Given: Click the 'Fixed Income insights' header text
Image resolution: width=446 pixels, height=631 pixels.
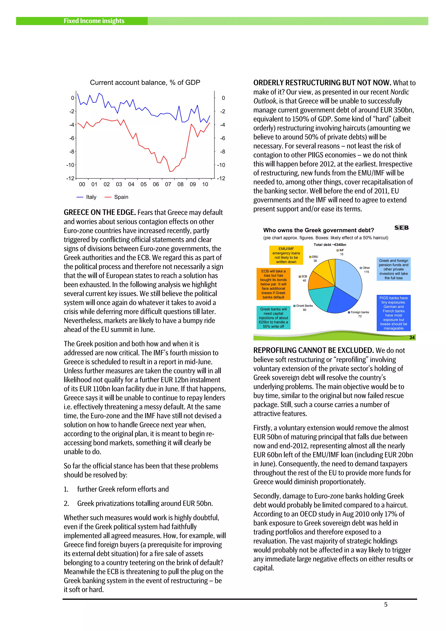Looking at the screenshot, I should coord(94,21).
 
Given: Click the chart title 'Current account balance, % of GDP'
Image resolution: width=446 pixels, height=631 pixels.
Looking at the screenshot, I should coord(145,83).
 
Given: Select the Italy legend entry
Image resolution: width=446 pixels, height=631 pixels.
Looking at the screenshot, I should coord(87,197).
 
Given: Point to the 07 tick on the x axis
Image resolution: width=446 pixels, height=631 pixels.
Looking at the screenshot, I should coord(168,184).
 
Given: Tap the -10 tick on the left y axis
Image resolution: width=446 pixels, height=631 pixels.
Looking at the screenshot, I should coord(70,165).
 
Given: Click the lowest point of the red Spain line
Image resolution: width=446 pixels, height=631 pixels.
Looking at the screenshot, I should coord(170,172).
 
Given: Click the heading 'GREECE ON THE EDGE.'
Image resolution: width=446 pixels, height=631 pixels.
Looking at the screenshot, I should coord(100,213).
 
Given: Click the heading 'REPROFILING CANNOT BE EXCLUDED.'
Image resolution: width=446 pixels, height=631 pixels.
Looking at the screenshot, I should coord(313,350).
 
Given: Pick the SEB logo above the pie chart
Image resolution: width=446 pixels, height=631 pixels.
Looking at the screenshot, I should coord(402,228).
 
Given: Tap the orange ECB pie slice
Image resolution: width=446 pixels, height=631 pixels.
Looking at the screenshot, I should coord(319,280).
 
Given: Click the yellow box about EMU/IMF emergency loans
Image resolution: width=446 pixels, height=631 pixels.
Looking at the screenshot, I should coord(286,255).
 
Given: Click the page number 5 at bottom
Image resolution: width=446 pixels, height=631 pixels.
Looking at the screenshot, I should coord(385,604).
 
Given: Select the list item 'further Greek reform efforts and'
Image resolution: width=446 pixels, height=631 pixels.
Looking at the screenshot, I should coord(123,489).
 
